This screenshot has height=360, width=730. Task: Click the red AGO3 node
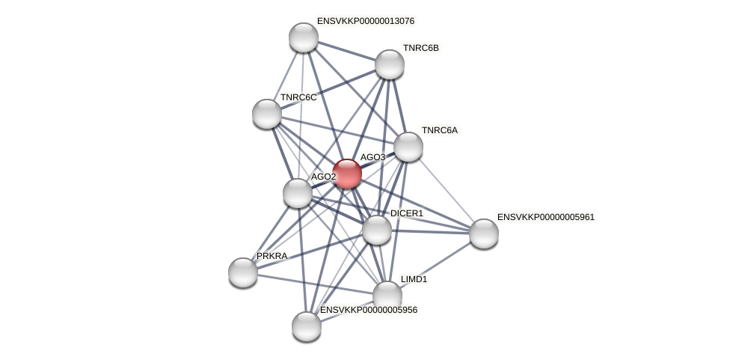tap(347, 174)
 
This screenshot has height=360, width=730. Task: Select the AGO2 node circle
tap(298, 193)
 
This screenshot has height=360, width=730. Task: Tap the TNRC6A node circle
tap(408, 147)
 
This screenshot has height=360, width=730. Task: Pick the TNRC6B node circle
tap(390, 64)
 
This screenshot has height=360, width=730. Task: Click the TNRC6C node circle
tap(267, 114)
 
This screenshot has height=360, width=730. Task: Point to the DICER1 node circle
tap(377, 230)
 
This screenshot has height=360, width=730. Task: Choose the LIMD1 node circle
tap(387, 296)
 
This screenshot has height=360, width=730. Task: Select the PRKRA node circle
tap(243, 272)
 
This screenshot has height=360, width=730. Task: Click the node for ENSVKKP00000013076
tap(304, 37)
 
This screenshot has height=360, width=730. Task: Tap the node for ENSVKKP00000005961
tap(484, 234)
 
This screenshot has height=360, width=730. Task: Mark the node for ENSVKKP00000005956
tap(307, 326)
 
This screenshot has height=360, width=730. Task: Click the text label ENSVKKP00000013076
tap(365, 21)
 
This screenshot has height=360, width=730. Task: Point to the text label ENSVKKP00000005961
tap(545, 217)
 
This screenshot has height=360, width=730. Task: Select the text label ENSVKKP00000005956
tap(368, 310)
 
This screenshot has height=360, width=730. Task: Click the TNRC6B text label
tap(420, 48)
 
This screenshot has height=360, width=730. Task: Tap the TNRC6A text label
tap(439, 130)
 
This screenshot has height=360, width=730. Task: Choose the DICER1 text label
tap(406, 213)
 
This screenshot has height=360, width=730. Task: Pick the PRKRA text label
tap(272, 256)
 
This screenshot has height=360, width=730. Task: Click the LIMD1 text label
tap(414, 279)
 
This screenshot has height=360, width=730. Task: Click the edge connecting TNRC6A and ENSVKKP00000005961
tap(447, 190)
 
